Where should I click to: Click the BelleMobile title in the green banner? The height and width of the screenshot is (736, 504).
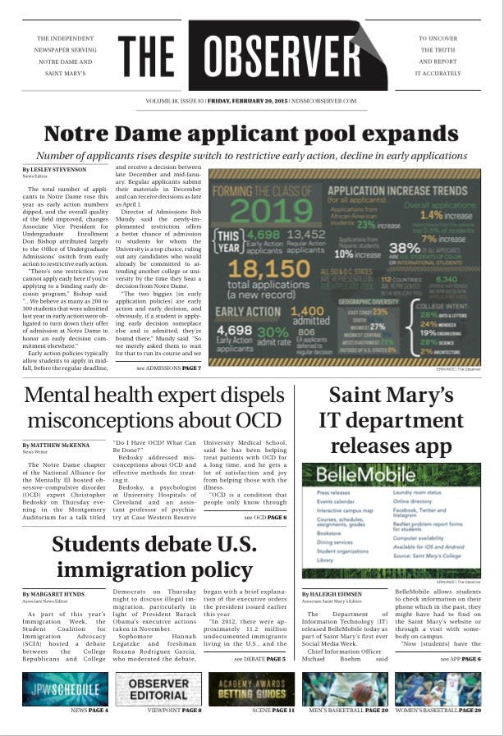click(344, 478)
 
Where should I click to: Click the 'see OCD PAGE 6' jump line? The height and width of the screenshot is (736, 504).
click(264, 518)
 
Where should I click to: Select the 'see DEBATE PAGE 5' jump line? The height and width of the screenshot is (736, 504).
click(259, 658)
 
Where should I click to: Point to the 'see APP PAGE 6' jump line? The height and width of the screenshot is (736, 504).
click(460, 658)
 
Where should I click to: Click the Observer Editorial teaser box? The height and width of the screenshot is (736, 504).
click(158, 689)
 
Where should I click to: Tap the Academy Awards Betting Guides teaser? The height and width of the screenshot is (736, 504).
click(251, 689)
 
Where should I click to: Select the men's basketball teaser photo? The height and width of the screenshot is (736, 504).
click(345, 689)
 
